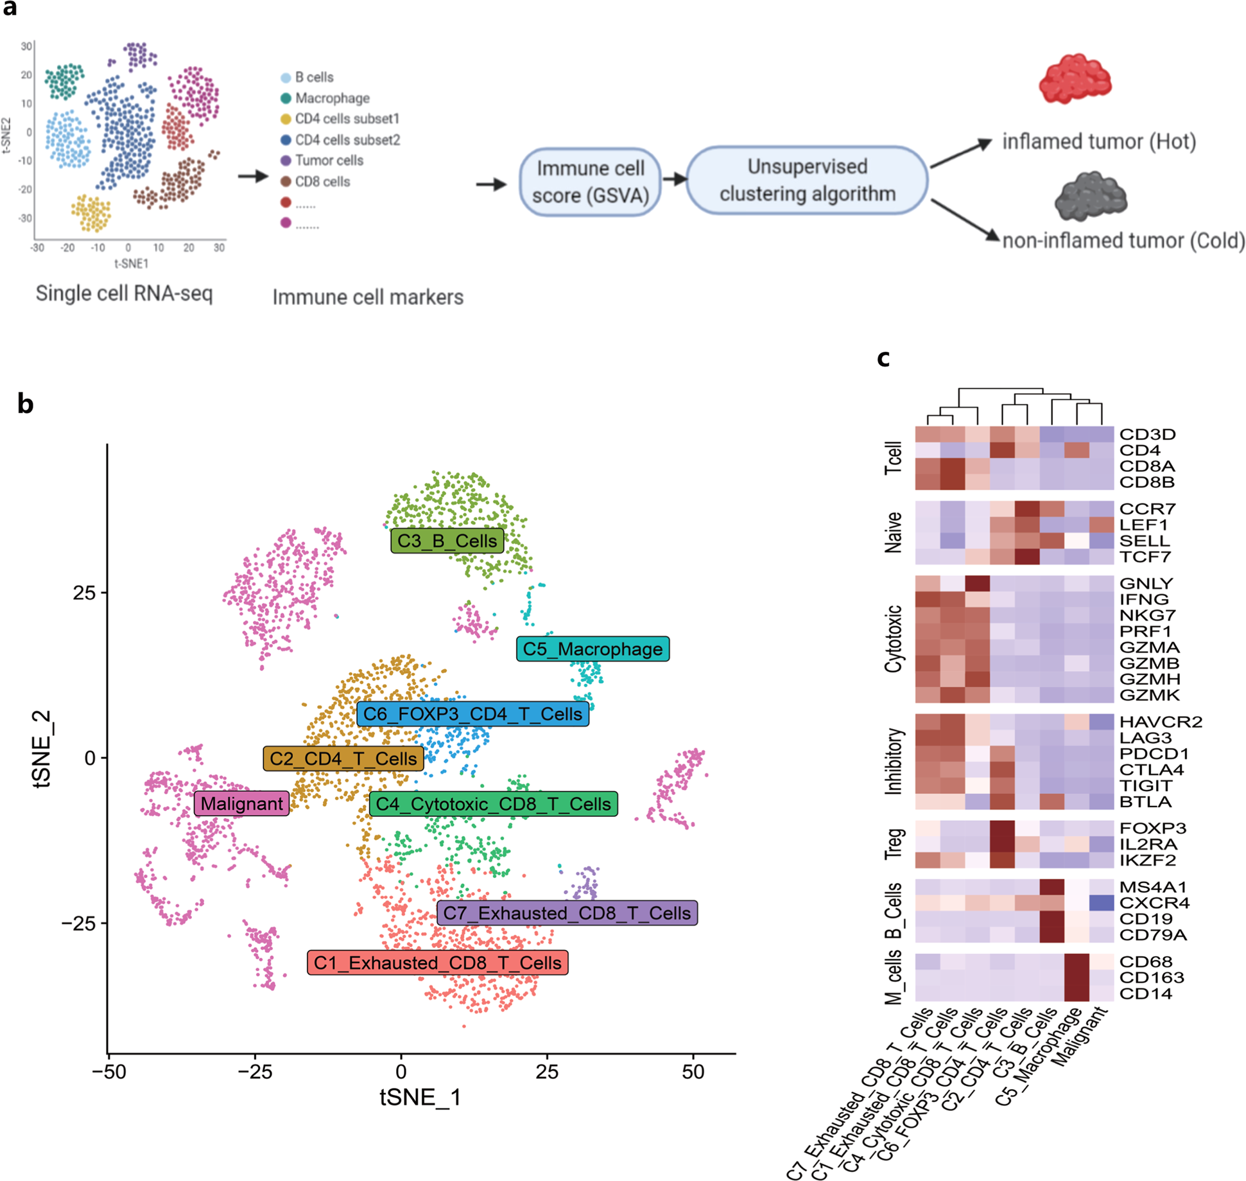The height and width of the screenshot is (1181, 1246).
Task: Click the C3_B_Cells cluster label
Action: [447, 541]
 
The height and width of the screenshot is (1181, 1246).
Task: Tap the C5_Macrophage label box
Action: [593, 649]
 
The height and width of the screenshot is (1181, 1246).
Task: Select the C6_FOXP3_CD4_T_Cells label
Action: [472, 714]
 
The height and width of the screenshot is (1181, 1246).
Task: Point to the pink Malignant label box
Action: [241, 803]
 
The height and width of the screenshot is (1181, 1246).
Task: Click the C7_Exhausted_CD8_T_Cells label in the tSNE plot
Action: [567, 913]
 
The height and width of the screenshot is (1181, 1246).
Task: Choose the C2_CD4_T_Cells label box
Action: [343, 758]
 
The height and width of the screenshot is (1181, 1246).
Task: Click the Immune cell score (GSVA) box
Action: [590, 182]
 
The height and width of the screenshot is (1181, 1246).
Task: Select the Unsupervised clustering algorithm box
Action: [807, 180]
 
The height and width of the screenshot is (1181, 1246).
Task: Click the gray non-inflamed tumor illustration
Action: [1090, 197]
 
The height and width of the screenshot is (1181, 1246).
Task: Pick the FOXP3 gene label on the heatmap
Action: [1152, 828]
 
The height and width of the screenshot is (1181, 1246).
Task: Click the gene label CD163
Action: [1152, 977]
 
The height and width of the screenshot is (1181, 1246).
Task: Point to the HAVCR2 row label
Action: [1161, 722]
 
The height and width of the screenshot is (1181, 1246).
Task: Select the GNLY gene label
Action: [1146, 583]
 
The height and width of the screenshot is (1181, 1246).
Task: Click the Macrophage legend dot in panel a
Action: [286, 98]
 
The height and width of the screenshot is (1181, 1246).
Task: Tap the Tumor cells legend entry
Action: [329, 161]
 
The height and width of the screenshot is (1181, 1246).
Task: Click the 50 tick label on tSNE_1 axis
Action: [693, 1071]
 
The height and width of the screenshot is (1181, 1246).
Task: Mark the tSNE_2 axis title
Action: [42, 748]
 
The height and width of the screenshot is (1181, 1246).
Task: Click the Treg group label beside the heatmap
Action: [894, 844]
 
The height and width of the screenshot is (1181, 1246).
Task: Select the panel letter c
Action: [883, 358]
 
